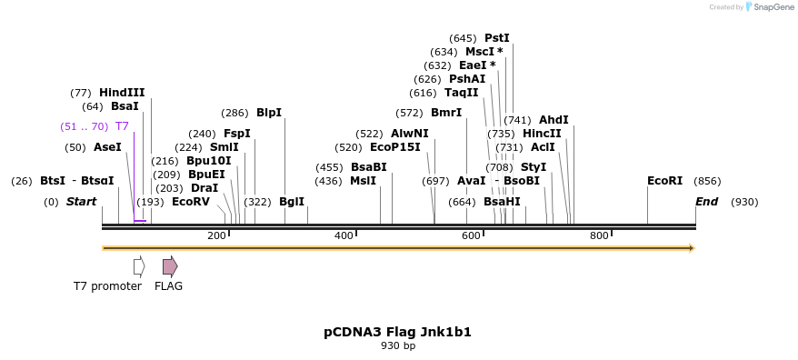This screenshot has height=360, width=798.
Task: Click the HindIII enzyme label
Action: (122, 93)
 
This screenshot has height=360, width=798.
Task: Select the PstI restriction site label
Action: (497, 38)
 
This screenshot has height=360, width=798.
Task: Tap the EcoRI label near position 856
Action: (664, 181)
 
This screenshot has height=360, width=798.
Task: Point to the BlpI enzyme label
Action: (269, 113)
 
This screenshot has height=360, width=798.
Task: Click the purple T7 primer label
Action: (122, 126)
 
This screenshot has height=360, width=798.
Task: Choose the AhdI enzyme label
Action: (554, 120)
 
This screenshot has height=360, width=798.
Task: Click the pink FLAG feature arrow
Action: (170, 265)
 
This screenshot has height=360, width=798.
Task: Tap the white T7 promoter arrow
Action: (139, 265)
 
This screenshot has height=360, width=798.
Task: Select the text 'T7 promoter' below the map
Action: (107, 286)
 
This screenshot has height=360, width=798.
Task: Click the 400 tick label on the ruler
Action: (344, 236)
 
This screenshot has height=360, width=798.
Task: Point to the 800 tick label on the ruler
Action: (599, 236)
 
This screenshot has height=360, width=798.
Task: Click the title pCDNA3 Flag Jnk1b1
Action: (398, 332)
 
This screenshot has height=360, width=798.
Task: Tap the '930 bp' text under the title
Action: (398, 345)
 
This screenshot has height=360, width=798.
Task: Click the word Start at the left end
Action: (81, 202)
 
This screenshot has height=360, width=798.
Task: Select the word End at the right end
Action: (706, 202)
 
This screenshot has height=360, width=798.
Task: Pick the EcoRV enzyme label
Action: (191, 202)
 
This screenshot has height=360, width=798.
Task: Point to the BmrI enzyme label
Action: (446, 113)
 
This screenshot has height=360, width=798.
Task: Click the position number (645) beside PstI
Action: (463, 38)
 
